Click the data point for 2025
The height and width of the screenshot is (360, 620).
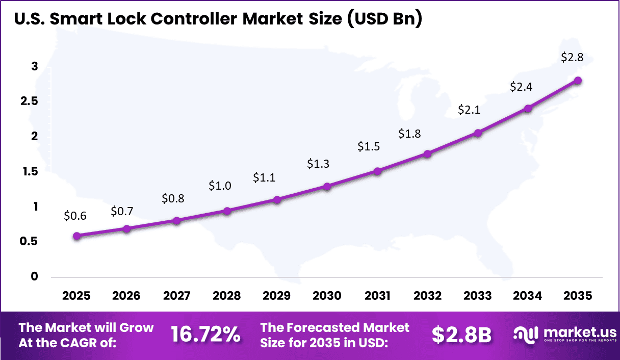click(x=76, y=236)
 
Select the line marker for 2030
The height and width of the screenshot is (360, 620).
click(x=327, y=187)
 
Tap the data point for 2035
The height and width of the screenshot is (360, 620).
click(x=578, y=81)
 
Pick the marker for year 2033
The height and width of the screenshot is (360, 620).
click(x=478, y=133)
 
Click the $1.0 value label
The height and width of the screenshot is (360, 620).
click(x=220, y=186)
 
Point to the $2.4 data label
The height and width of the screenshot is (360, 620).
click(x=521, y=87)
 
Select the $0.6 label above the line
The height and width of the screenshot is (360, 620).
click(x=75, y=216)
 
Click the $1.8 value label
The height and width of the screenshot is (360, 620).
click(x=410, y=134)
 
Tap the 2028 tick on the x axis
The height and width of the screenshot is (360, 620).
click(x=226, y=296)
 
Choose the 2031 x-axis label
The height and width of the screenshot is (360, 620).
click(x=377, y=296)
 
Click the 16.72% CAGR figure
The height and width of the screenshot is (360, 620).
click(x=205, y=335)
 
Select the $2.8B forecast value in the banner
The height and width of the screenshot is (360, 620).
click(x=461, y=335)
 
